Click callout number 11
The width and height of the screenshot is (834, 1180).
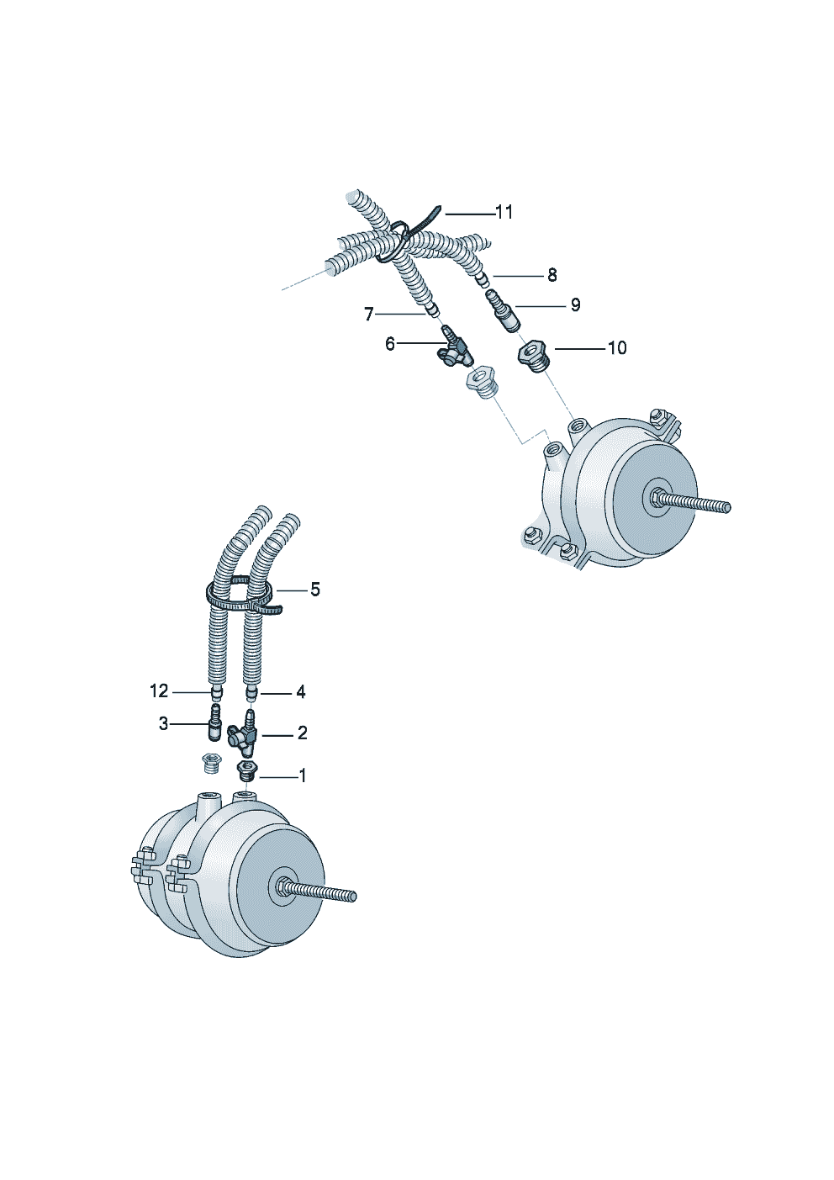(504, 212)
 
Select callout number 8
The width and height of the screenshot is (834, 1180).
(552, 275)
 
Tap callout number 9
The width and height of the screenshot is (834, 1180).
(576, 305)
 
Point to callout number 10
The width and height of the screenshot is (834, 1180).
(617, 347)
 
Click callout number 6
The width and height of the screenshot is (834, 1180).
(389, 344)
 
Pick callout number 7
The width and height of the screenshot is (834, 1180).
(368, 315)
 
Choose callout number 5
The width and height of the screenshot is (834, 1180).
(315, 590)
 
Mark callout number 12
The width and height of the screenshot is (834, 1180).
(159, 691)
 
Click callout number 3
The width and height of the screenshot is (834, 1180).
(164, 724)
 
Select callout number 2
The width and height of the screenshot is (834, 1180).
(302, 733)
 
